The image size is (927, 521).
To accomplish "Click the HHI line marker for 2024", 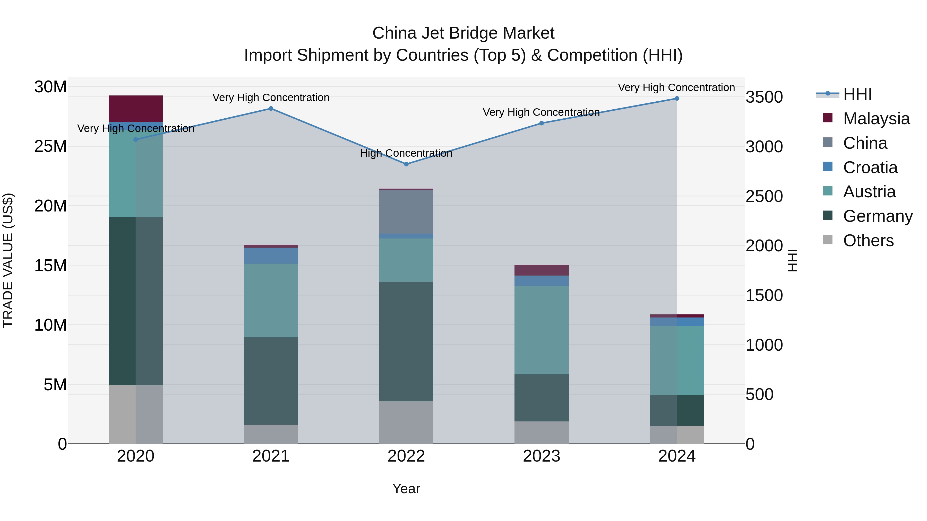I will [676, 99].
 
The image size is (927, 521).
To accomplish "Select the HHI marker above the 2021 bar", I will [271, 109].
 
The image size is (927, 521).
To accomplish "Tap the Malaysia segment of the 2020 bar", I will [136, 109].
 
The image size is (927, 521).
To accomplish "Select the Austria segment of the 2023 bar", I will [541, 330].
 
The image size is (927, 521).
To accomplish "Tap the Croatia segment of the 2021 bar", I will [271, 256].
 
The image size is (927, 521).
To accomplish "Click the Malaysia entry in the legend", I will [876, 119].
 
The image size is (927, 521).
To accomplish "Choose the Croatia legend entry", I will [870, 167].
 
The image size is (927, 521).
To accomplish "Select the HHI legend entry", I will [857, 94].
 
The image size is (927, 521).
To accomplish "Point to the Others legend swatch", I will [828, 240].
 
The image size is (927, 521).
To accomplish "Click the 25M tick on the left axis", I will [50, 146].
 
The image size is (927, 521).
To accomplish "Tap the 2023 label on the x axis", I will [541, 456].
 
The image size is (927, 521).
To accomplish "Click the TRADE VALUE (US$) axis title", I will [8, 260].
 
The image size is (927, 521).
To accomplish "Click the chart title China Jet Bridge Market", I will [463, 33].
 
